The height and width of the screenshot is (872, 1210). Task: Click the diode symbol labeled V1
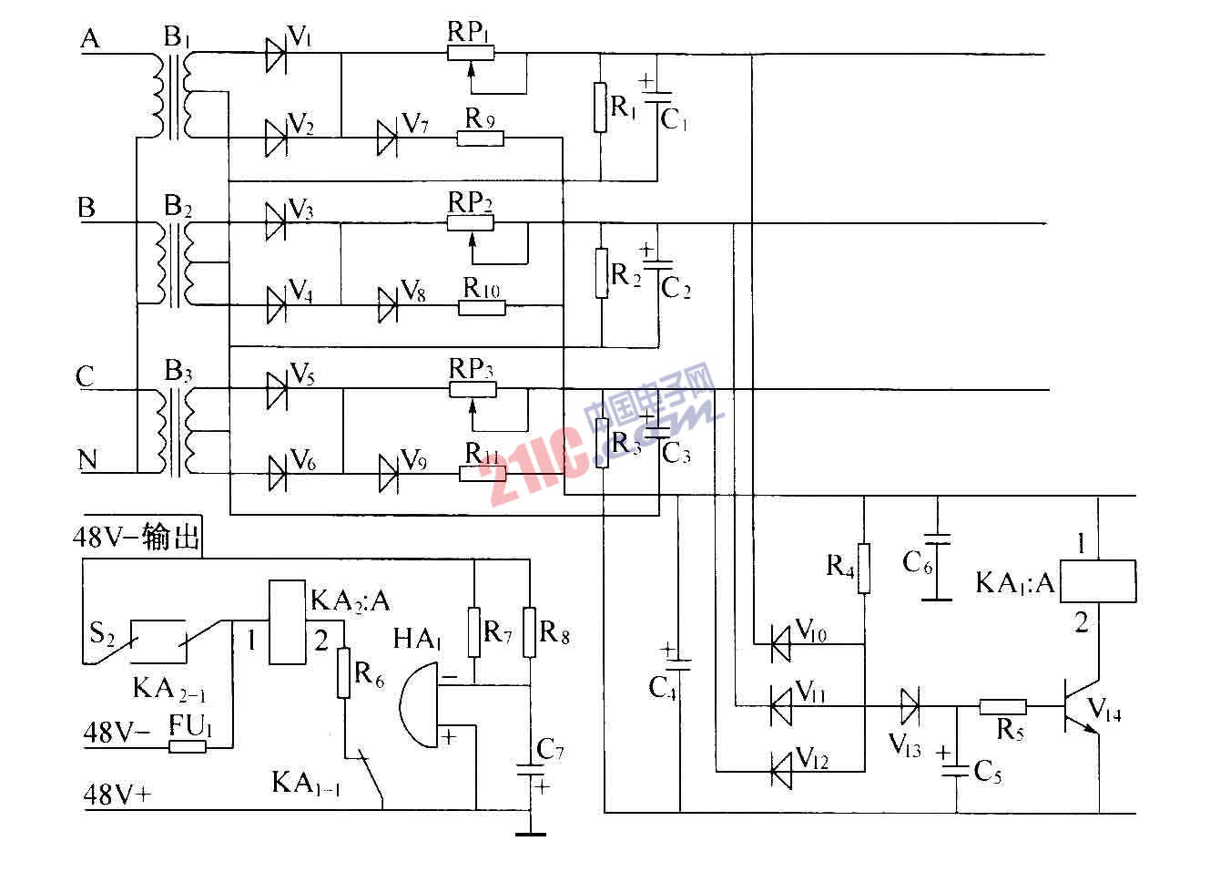[276, 55]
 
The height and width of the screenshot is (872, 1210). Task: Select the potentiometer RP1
[471, 54]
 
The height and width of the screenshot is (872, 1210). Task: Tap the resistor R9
[480, 138]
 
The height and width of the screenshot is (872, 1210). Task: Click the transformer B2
[175, 264]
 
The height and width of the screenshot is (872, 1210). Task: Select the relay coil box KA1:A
[1099, 581]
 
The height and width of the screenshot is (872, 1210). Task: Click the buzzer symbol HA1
[419, 706]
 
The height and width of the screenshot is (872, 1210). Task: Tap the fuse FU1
[188, 747]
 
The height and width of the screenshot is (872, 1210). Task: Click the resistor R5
[1002, 706]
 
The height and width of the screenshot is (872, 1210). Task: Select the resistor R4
[864, 568]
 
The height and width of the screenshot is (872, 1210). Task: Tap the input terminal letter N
[87, 460]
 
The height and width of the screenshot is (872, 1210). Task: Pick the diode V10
[780, 643]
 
